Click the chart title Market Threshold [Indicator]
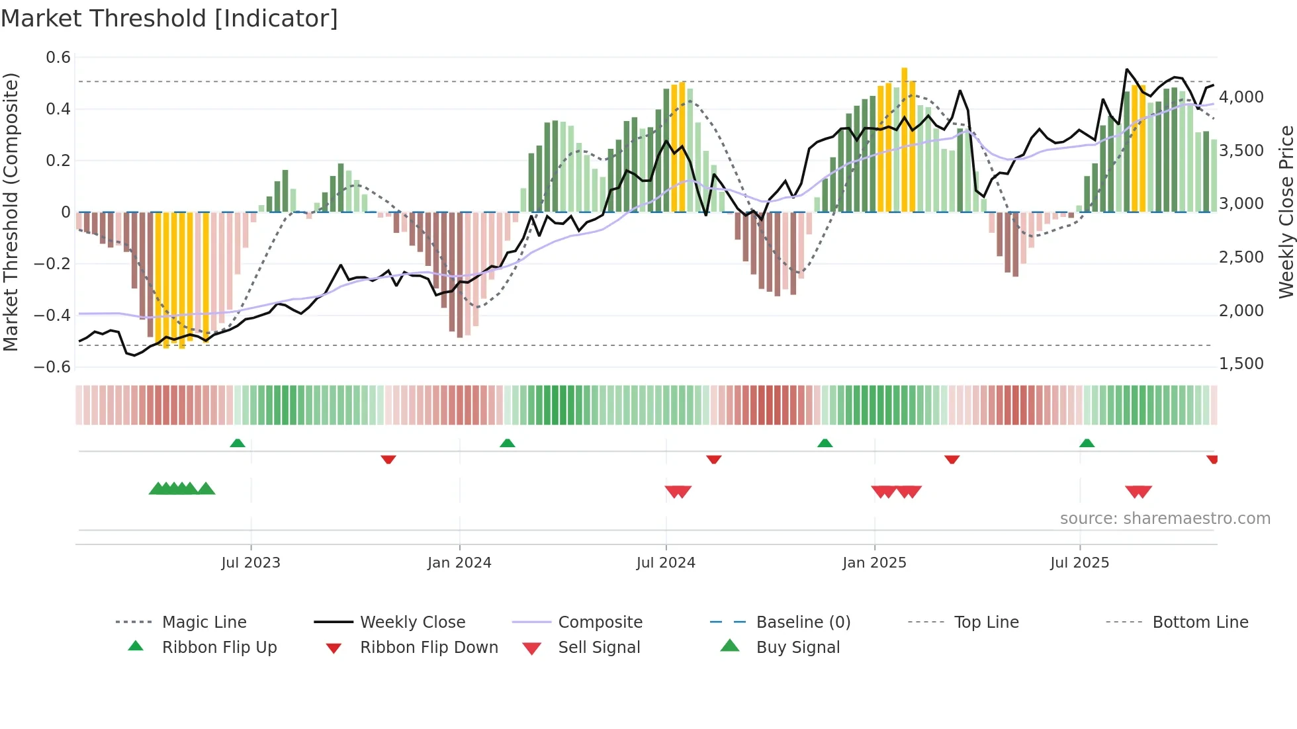(x=169, y=19)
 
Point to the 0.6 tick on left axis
(x=58, y=58)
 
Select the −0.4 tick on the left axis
(x=52, y=315)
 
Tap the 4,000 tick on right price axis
(x=1241, y=97)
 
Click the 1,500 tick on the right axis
(x=1241, y=364)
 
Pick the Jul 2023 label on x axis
(x=251, y=563)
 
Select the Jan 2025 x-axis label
(x=874, y=563)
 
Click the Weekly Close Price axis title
(x=1286, y=212)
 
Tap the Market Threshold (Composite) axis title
(x=11, y=212)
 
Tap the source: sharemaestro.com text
(x=1165, y=519)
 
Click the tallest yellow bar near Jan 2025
(x=905, y=139)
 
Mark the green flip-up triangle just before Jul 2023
(x=238, y=443)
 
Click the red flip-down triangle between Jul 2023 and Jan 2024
(x=388, y=459)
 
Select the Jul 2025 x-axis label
(x=1079, y=563)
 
